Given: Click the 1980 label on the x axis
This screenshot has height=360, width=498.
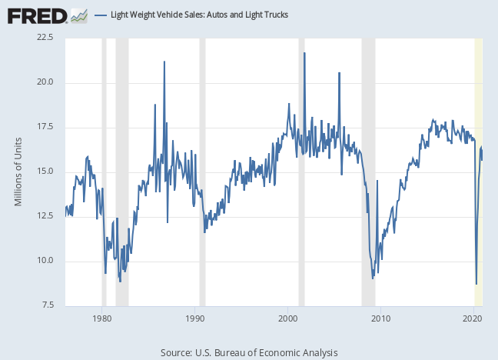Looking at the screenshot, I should pos(102,317).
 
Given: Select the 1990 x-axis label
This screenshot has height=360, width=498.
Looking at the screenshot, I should pos(195,317).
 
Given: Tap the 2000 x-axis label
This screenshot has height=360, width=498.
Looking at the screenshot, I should pos(287,317).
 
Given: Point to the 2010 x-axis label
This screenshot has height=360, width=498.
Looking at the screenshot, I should pos(380,317).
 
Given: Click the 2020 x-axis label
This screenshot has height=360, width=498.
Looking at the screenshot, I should pos(473,317).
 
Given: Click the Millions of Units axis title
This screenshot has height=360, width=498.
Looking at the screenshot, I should pos(19,172).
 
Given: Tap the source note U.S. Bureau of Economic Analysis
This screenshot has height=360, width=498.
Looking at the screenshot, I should pos(249,352).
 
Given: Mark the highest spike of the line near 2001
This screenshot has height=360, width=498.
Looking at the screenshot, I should pos(304,53).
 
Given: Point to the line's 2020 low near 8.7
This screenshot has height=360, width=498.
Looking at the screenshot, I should pos(476,284).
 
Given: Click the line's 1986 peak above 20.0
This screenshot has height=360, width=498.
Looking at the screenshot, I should pos(164,62).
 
